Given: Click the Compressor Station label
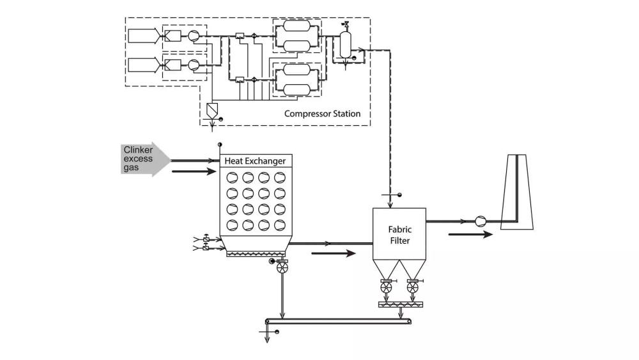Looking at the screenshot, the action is (x=322, y=114).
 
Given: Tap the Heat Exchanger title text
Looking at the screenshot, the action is (x=255, y=161).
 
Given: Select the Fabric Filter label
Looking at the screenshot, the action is (x=400, y=235).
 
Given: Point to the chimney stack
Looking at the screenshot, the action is (x=517, y=192).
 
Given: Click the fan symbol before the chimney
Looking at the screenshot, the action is (x=481, y=221).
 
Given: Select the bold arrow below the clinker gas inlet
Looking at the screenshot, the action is (x=194, y=171).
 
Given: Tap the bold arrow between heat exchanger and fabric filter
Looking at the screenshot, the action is (x=334, y=254).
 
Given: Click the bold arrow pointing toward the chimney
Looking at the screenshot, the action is (x=471, y=235).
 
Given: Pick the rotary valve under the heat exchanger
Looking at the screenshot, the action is (x=282, y=268).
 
